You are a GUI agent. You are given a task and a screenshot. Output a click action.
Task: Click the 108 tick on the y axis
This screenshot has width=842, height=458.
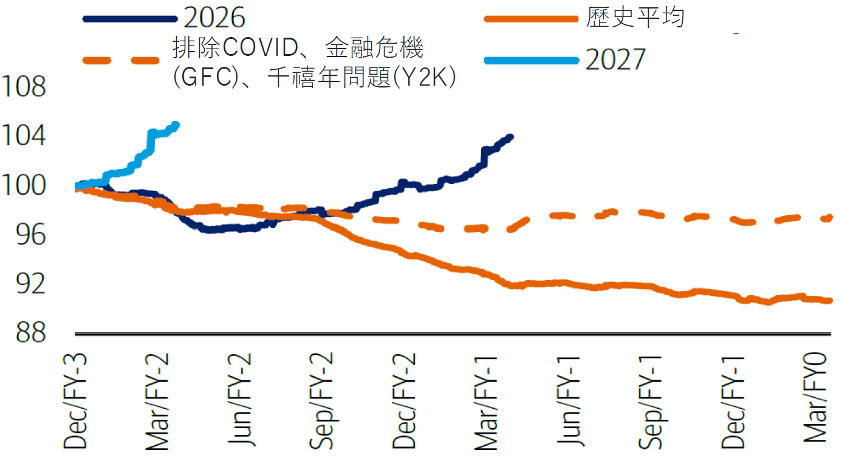pyautogui.click(x=24, y=87)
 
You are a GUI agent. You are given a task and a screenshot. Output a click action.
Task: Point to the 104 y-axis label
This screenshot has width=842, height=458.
pyautogui.click(x=24, y=137)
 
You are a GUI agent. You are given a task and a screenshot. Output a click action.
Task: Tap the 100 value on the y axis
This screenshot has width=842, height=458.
pyautogui.click(x=24, y=186)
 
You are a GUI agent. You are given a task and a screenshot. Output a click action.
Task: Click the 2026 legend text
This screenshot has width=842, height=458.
pyautogui.click(x=214, y=18)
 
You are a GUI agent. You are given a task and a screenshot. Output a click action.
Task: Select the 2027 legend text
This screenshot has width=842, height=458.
pyautogui.click(x=615, y=60)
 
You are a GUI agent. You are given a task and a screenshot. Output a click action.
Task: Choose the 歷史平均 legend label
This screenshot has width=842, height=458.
pyautogui.click(x=635, y=18)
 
